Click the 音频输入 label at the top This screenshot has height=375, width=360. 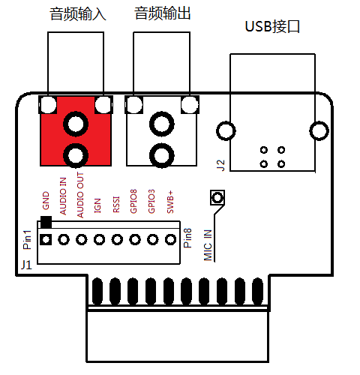point(78,13)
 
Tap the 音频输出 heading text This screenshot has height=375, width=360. point(163,13)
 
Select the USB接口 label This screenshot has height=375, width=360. point(272,26)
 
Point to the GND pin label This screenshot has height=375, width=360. point(46,200)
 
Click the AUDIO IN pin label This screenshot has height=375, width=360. point(63,196)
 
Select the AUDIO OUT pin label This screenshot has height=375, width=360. point(80,195)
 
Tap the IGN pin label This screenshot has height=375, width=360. point(97,205)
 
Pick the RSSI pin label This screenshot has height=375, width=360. point(116,205)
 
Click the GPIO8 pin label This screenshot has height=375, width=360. point(133,201)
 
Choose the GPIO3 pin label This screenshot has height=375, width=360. point(151,201)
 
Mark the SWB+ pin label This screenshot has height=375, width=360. point(170,202)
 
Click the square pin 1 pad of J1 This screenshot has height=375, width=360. point(46,240)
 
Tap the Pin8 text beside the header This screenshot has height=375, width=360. point(187,238)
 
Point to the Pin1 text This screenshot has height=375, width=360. point(27,240)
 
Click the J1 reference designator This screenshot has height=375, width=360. point(26,265)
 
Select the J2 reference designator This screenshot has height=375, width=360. point(220,165)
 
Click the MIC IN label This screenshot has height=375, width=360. point(208,245)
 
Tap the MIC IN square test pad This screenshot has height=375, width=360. point(217,197)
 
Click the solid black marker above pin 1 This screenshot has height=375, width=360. point(46,222)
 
